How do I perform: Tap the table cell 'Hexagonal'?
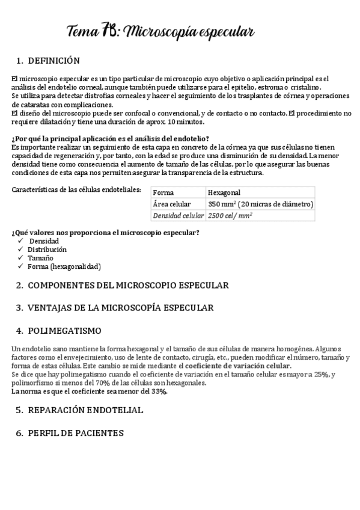224,192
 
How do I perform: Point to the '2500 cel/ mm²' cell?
230,215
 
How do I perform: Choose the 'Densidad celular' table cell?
178,215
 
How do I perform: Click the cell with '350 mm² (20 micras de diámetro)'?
260,204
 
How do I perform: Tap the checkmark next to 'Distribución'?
21,249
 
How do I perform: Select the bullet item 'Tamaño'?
40,257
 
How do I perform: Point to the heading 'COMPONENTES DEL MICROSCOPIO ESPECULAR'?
128,285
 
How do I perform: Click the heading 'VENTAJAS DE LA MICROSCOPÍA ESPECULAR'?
120,308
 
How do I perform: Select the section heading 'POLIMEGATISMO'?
65,331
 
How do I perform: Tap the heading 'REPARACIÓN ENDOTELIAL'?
85,410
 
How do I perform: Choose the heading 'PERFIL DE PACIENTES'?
76,433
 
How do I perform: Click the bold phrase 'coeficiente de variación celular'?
238,366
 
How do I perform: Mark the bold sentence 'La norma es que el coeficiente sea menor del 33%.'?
90,391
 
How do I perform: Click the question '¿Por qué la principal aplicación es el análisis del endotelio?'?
110,138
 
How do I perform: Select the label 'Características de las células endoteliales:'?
76,190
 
